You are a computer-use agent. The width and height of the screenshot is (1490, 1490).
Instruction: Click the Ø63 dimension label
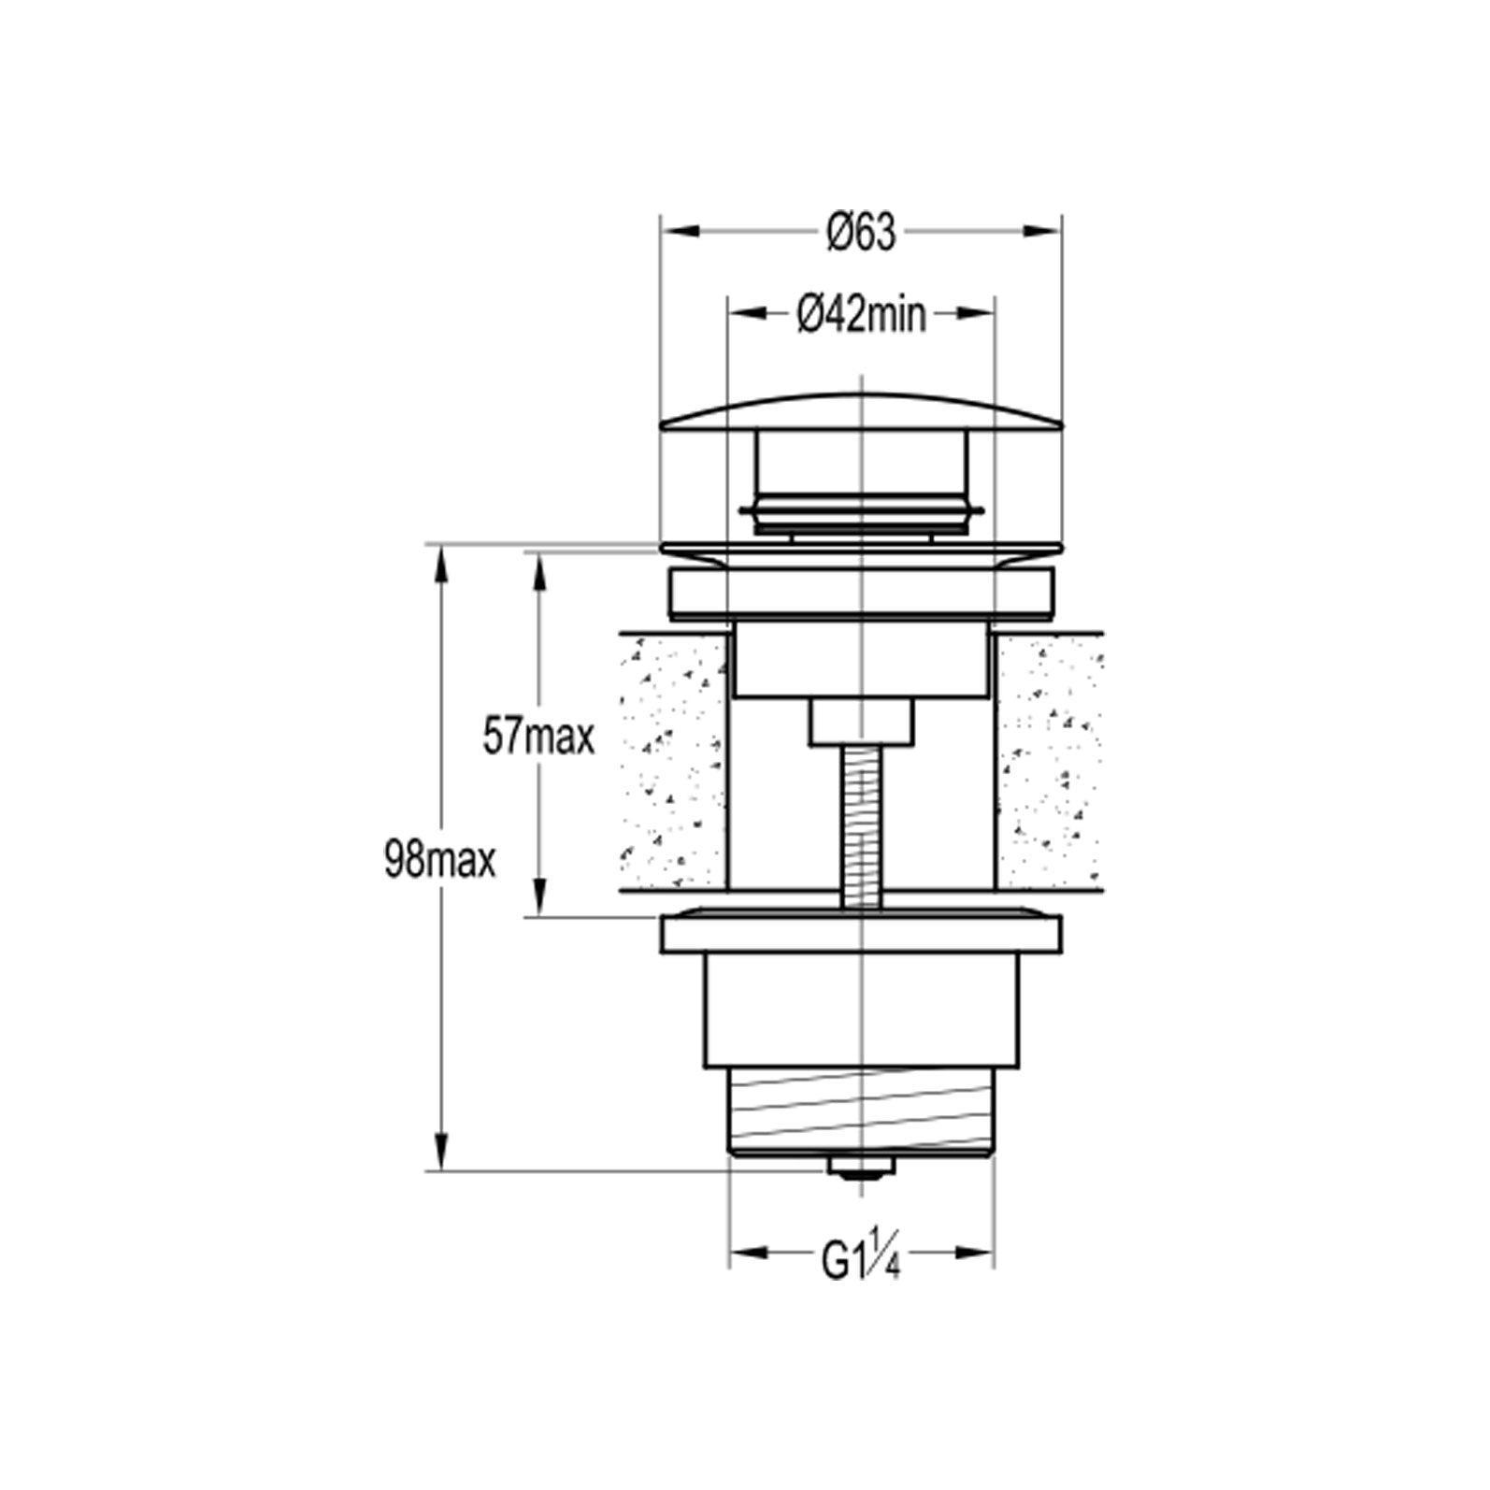pos(861,232)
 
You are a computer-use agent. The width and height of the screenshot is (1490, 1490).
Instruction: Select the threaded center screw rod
pos(860,825)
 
